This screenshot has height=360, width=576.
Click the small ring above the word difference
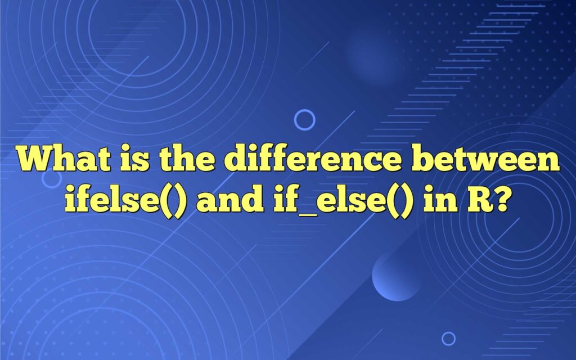click(x=304, y=120)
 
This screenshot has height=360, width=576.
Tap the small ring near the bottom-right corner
click(x=448, y=338)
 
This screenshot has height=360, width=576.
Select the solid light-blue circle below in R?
click(x=397, y=276)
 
